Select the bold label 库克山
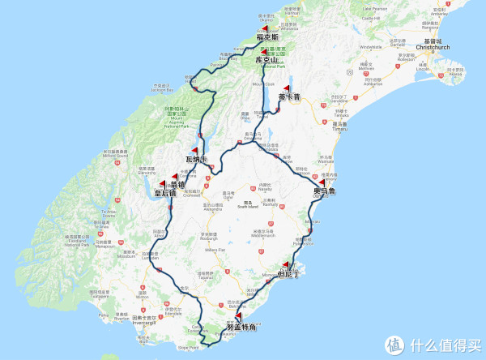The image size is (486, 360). tap(266, 60)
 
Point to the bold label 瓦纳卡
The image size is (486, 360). tap(198, 158)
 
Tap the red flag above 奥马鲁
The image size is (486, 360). tap(323, 182)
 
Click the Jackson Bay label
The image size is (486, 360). tap(162, 87)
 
